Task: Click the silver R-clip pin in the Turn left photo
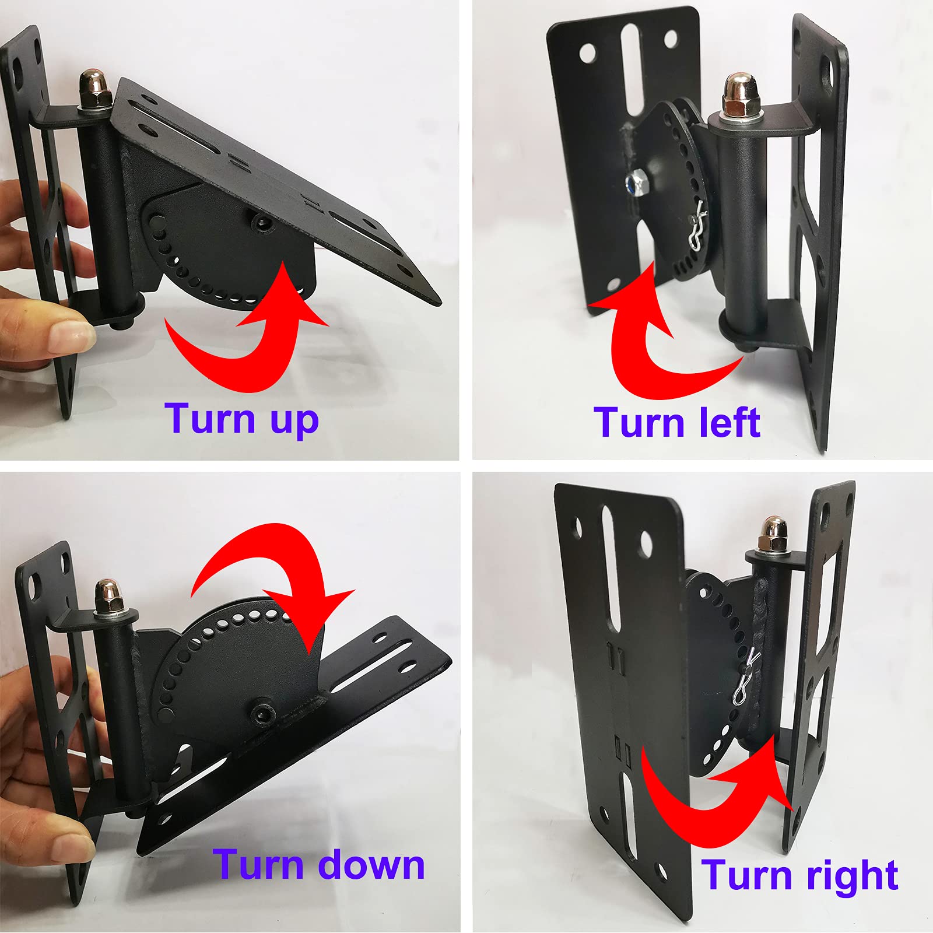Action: click(697, 230)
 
